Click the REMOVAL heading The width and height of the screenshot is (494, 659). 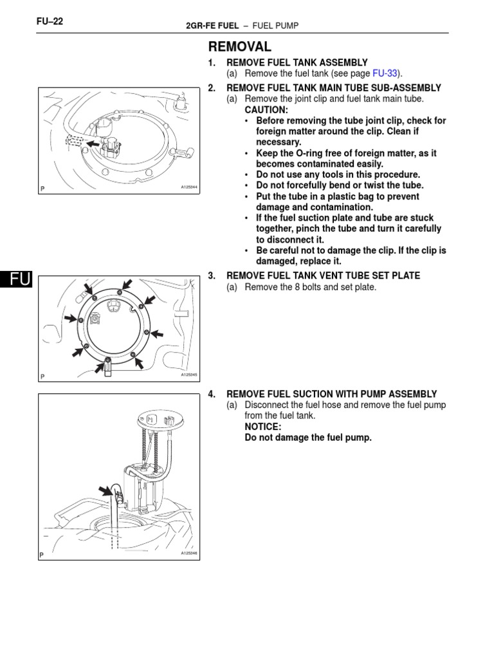pyautogui.click(x=240, y=47)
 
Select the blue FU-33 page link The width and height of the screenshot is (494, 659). pyautogui.click(x=386, y=73)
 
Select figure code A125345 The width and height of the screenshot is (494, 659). pyautogui.click(x=188, y=375)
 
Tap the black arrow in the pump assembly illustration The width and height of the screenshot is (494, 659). pyautogui.click(x=105, y=492)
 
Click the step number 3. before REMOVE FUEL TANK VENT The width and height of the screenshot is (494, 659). pyautogui.click(x=212, y=275)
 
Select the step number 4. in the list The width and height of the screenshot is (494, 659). pyautogui.click(x=212, y=394)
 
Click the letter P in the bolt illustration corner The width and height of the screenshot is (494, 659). pyautogui.click(x=42, y=376)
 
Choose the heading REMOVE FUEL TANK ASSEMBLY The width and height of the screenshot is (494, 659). pyautogui.click(x=297, y=62)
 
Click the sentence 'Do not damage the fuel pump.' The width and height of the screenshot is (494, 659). pyautogui.click(x=308, y=438)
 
